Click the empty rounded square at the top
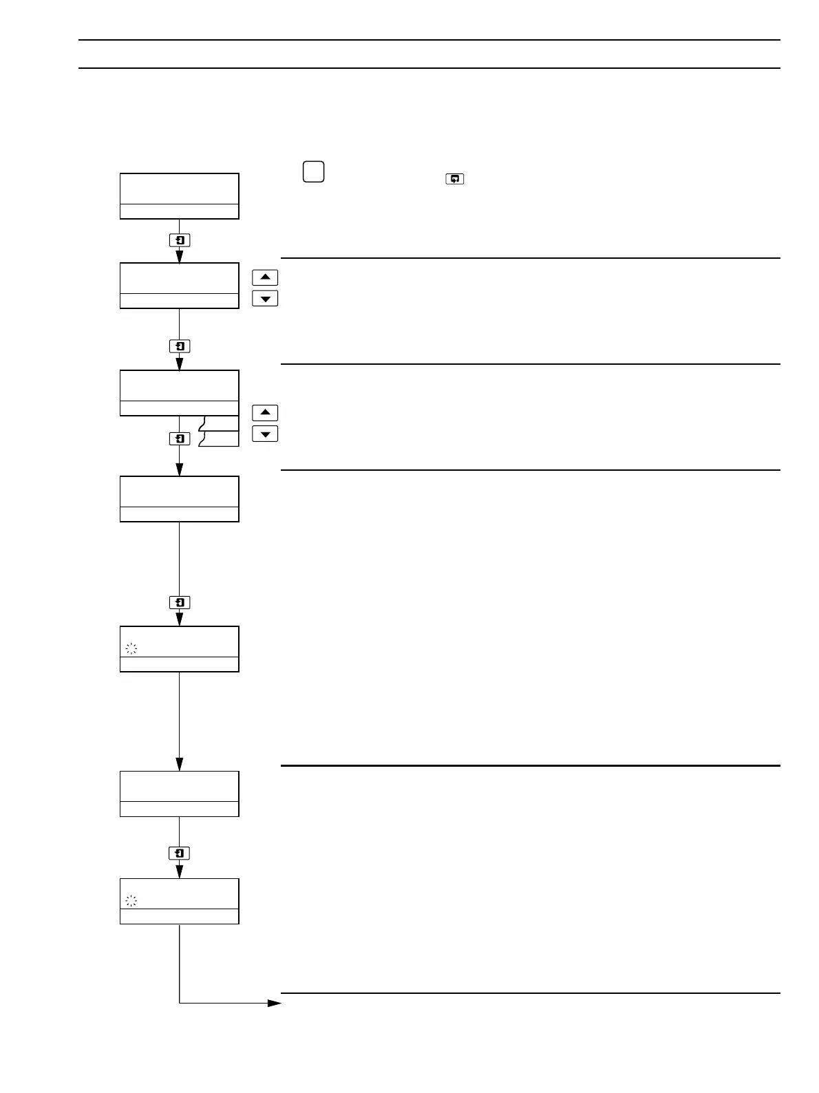coord(313,171)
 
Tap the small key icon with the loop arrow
coord(455,179)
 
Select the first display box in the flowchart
coord(180,196)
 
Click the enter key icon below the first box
coord(180,240)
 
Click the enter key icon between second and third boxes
coord(180,346)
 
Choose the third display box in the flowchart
coord(180,392)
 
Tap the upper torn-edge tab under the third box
coord(220,423)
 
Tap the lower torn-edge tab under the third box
coord(220,439)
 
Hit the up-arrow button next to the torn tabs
coord(265,413)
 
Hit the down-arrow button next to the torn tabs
coord(265,434)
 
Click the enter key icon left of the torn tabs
coord(180,438)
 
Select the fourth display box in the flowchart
coord(180,498)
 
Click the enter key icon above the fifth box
coord(180,602)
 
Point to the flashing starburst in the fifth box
coord(131,648)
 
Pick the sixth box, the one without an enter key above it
coord(180,794)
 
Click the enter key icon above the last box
coord(180,853)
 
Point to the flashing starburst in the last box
coord(131,900)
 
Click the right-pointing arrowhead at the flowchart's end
coord(275,1003)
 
